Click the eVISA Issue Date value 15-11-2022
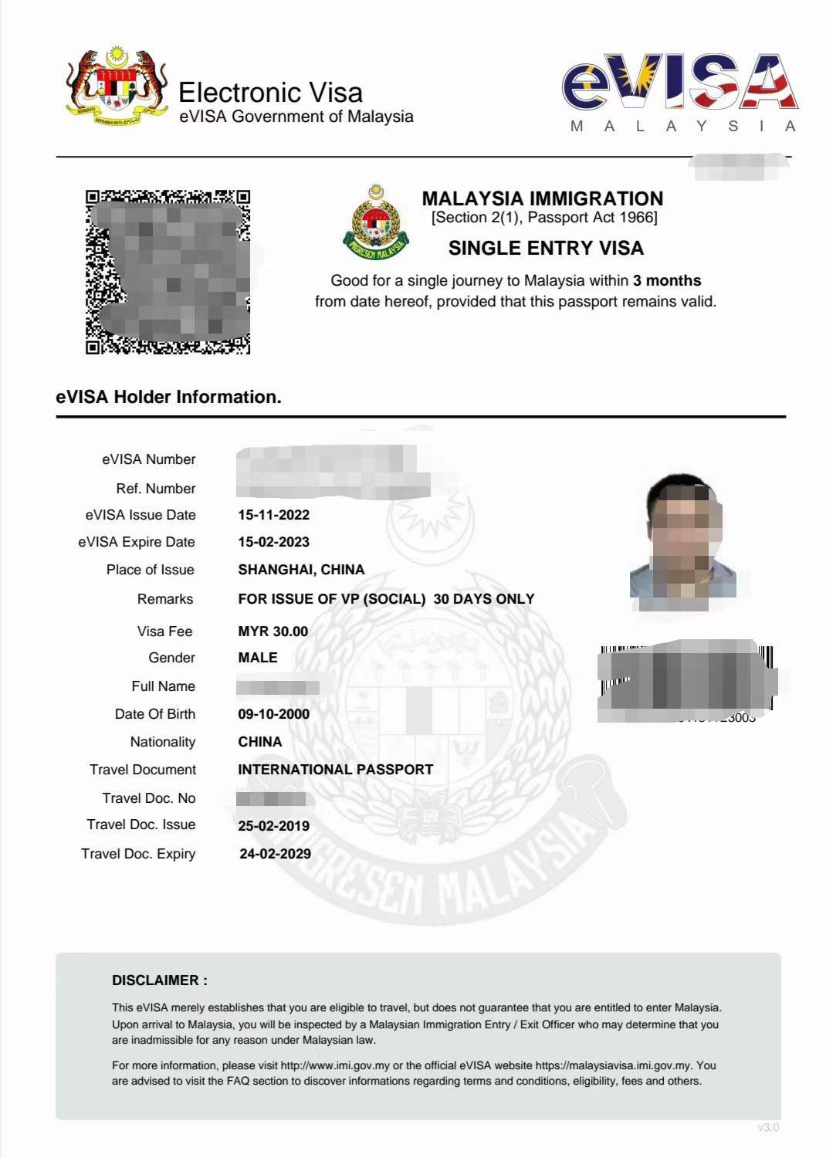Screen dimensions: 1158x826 (x=273, y=515)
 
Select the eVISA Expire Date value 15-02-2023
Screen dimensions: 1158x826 (x=273, y=542)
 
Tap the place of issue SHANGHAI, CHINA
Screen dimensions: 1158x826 (x=301, y=570)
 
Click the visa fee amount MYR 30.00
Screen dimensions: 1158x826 (x=273, y=631)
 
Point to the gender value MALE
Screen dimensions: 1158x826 (x=257, y=658)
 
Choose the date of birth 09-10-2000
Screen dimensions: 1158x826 (x=273, y=714)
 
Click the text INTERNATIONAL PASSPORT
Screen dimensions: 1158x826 (x=335, y=770)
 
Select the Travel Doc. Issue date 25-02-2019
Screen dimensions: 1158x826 (x=273, y=826)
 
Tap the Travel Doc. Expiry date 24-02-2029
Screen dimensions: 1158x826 (x=275, y=854)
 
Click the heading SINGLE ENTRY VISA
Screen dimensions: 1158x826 (x=546, y=248)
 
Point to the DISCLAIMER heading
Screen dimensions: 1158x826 (x=159, y=980)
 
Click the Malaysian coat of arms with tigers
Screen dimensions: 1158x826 (x=117, y=86)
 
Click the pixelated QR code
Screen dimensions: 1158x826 (x=168, y=272)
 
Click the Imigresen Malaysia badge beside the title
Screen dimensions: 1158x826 (x=376, y=223)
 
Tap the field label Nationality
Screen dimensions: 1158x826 (x=162, y=742)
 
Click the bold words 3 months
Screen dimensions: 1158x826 (x=667, y=280)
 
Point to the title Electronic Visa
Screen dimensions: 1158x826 (x=270, y=93)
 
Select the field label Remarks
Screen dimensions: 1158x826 (x=164, y=599)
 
